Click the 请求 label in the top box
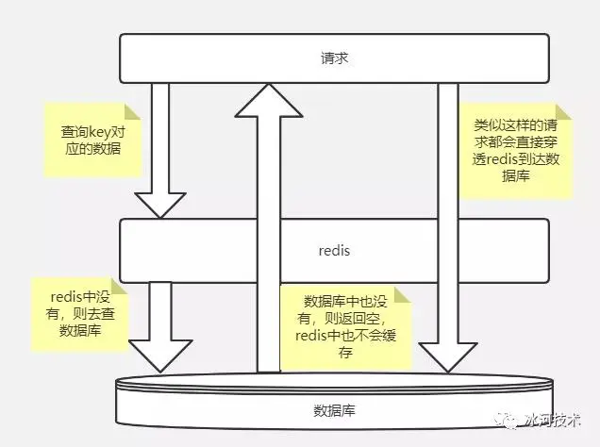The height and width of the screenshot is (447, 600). (x=335, y=58)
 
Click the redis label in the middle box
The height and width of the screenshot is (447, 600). (x=335, y=252)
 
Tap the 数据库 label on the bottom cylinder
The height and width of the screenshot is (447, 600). (x=336, y=410)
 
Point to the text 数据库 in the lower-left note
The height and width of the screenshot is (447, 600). (x=80, y=332)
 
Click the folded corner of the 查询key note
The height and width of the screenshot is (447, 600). (x=134, y=110)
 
